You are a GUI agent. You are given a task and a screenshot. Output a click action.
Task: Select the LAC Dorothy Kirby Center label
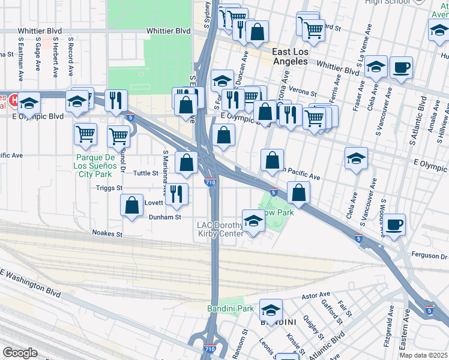(220, 230)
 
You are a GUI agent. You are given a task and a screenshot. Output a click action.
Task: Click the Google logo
(20, 353)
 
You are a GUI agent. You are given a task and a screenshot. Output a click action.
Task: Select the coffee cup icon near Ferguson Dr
(394, 224)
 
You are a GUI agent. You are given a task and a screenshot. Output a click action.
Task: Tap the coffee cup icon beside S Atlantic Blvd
(401, 67)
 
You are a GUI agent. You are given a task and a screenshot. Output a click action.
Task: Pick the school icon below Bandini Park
(271, 310)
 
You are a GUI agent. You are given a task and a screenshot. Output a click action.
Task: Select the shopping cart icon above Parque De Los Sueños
(86, 133)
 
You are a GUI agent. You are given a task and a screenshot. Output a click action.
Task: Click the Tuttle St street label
(145, 173)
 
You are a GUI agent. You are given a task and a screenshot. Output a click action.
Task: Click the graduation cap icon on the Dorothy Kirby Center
(253, 221)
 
